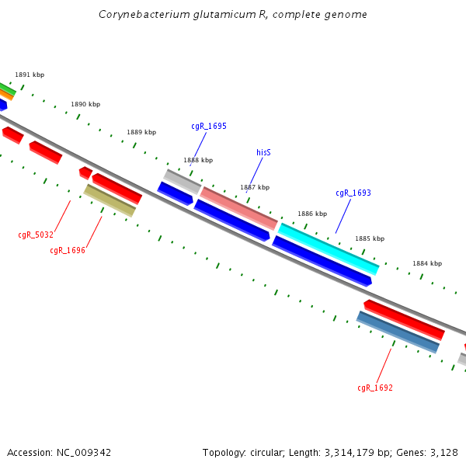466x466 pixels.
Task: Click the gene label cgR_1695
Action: [x=209, y=126]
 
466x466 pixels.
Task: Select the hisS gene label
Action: [x=263, y=153]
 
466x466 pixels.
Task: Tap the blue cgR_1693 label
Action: [x=353, y=193]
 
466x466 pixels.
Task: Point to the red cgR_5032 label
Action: [x=36, y=235]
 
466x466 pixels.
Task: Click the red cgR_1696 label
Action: [x=68, y=250]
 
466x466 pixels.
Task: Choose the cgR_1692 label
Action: [x=375, y=388]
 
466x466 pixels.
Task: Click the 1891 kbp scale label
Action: [x=30, y=75]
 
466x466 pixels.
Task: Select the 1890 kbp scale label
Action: [x=85, y=104]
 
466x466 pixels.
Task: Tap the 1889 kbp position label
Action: [x=141, y=132]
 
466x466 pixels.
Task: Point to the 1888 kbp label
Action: [x=198, y=160]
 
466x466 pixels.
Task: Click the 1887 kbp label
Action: [x=255, y=187]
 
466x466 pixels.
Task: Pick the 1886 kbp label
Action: [x=312, y=214]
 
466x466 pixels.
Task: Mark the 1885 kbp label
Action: [x=370, y=239]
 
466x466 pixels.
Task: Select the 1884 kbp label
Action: [x=427, y=264]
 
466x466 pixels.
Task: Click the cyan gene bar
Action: [x=329, y=249]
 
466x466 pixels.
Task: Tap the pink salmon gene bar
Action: [x=239, y=208]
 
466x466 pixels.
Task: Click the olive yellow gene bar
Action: [x=110, y=200]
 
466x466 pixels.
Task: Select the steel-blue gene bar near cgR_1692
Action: [x=398, y=332]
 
